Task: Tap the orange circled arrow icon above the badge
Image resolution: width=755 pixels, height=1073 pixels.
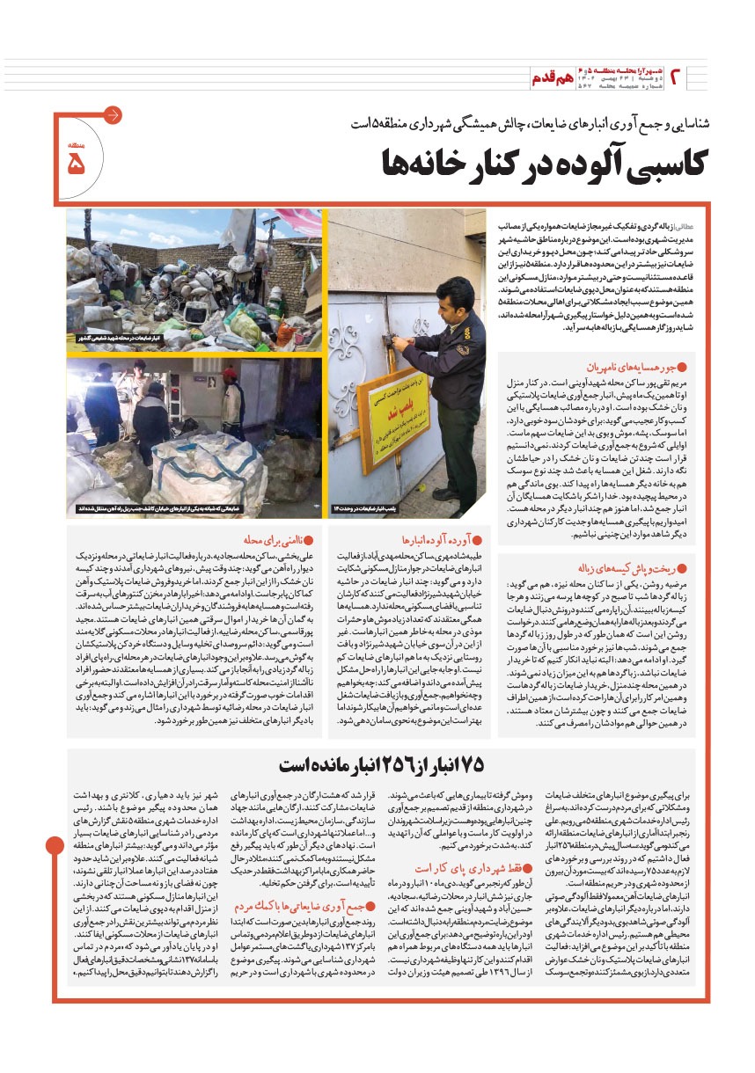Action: [113, 115]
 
